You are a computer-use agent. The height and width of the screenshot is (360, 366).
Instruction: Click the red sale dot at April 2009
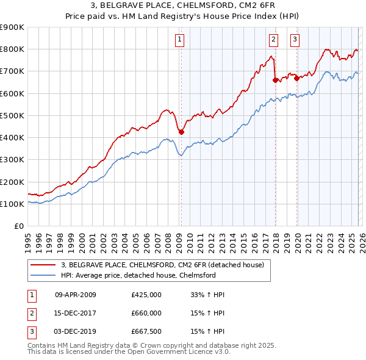point(181,132)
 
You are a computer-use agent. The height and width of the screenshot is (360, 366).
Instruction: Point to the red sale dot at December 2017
point(275,79)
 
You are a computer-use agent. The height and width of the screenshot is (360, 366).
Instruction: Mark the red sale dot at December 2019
point(296,78)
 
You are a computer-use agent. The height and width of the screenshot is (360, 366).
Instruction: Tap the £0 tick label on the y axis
point(18,226)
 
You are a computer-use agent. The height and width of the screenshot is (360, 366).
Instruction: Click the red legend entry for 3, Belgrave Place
point(162,265)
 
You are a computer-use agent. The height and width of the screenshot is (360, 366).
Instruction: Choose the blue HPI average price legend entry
point(138,275)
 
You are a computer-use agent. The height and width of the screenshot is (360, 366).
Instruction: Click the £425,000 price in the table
point(146,295)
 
